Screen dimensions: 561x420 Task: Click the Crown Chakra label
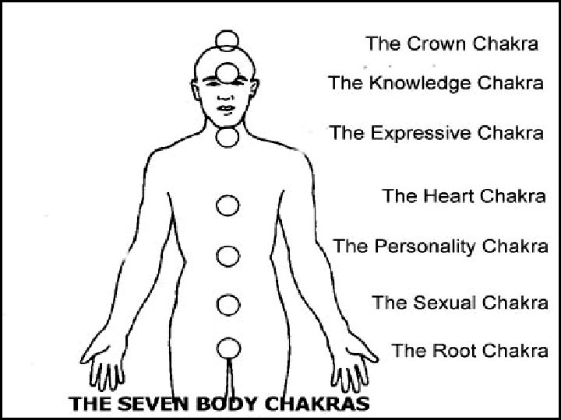[452, 44]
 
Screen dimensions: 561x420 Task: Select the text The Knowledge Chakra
[436, 83]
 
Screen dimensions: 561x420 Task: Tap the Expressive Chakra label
[436, 132]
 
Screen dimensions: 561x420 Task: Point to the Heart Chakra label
[464, 195]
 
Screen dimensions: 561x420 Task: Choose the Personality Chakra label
[440, 247]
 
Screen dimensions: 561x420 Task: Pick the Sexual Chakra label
[460, 301]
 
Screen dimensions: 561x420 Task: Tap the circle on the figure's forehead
[228, 73]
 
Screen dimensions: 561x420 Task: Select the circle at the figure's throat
[228, 137]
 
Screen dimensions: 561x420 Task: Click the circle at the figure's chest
[227, 205]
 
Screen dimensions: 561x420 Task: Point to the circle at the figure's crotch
[228, 347]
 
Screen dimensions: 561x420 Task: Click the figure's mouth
[227, 108]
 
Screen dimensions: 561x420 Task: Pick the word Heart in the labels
[452, 195]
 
